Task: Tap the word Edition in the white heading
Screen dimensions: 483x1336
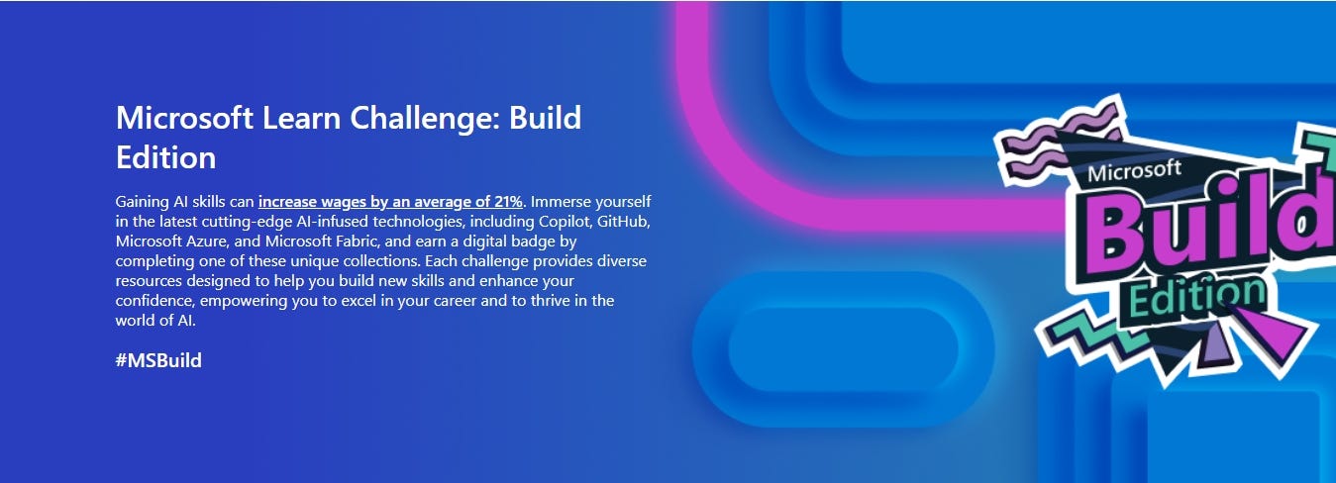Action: [x=165, y=157]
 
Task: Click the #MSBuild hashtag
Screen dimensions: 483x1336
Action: [x=158, y=360]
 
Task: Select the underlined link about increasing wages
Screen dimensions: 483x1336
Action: [x=390, y=201]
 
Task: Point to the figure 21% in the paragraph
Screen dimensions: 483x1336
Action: [x=505, y=201]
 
